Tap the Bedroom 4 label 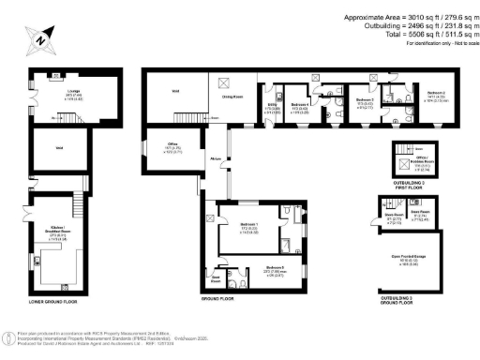299,106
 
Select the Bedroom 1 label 248,228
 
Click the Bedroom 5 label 275,269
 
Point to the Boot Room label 215,278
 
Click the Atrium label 215,160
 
